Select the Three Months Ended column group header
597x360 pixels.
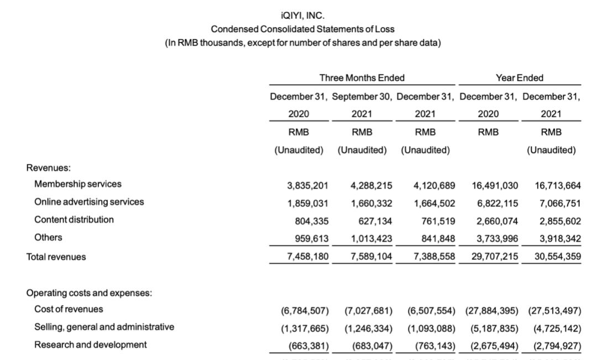pos(362,78)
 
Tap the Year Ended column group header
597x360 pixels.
pos(519,78)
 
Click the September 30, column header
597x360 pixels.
pos(362,96)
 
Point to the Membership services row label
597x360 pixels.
pos(78,184)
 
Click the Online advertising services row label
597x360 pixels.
pos(89,202)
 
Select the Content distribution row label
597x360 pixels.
pos(74,220)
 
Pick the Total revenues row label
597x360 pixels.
pos(56,257)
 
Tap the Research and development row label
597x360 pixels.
pos(91,345)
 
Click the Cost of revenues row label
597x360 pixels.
pos(69,309)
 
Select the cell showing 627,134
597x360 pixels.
pos(375,221)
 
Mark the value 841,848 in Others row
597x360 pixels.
pos(437,239)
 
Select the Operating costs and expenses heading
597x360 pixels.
pos(89,293)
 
